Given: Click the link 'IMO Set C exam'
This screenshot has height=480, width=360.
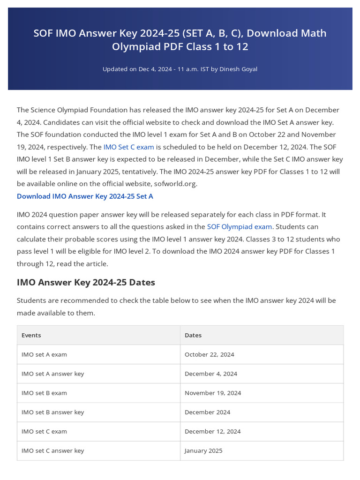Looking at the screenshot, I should click(x=128, y=147).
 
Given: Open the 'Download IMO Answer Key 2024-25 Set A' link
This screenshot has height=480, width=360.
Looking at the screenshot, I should click(x=85, y=196).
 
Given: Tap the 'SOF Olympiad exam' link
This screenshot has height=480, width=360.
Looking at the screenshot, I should click(x=239, y=226).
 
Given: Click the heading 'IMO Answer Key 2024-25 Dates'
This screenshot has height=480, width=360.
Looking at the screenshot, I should click(x=86, y=282).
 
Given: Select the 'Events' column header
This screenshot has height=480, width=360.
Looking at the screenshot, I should click(x=31, y=335).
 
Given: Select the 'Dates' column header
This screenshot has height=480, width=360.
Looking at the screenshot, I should click(x=193, y=335).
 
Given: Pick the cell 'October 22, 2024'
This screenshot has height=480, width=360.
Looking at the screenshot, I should click(x=209, y=354).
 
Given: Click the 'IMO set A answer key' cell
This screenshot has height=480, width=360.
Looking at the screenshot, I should click(x=52, y=374).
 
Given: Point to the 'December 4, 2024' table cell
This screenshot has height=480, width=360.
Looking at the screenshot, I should click(x=210, y=374).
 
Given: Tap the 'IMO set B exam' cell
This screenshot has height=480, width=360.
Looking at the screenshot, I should click(x=44, y=393).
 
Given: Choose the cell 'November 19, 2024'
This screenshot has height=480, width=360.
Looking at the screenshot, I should click(x=213, y=393).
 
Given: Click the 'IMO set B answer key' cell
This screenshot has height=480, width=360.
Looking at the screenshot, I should click(x=52, y=412).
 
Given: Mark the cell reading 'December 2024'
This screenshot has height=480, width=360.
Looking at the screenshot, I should click(x=207, y=412).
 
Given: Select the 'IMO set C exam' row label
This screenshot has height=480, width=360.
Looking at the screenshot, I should click(x=44, y=431).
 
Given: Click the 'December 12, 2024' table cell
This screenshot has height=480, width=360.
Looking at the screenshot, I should click(x=212, y=431).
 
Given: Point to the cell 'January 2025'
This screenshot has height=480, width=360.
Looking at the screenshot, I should click(x=203, y=450).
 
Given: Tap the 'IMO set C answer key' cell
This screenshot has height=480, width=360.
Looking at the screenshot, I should click(x=52, y=450).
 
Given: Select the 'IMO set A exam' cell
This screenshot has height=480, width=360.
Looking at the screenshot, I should click(x=44, y=354).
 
